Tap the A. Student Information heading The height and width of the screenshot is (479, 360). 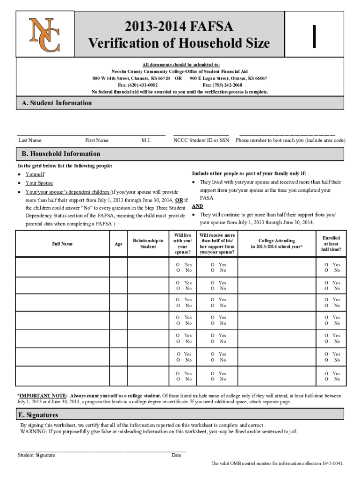click(x=57, y=103)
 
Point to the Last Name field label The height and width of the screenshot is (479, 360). click(x=30, y=140)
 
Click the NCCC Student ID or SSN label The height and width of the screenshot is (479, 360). click(x=201, y=140)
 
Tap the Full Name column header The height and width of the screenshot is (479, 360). click(x=62, y=244)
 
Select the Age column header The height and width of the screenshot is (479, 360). click(x=119, y=244)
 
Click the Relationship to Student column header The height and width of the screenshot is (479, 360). click(x=148, y=244)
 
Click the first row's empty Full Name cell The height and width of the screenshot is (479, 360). click(x=62, y=268)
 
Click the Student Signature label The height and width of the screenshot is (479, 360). click(x=36, y=455)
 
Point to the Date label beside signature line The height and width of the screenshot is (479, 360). click(x=176, y=455)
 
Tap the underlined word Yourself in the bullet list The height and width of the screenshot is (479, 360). click(x=35, y=174)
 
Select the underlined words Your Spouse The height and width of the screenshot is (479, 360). click(x=39, y=183)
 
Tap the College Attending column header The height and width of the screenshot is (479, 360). click(x=277, y=244)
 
